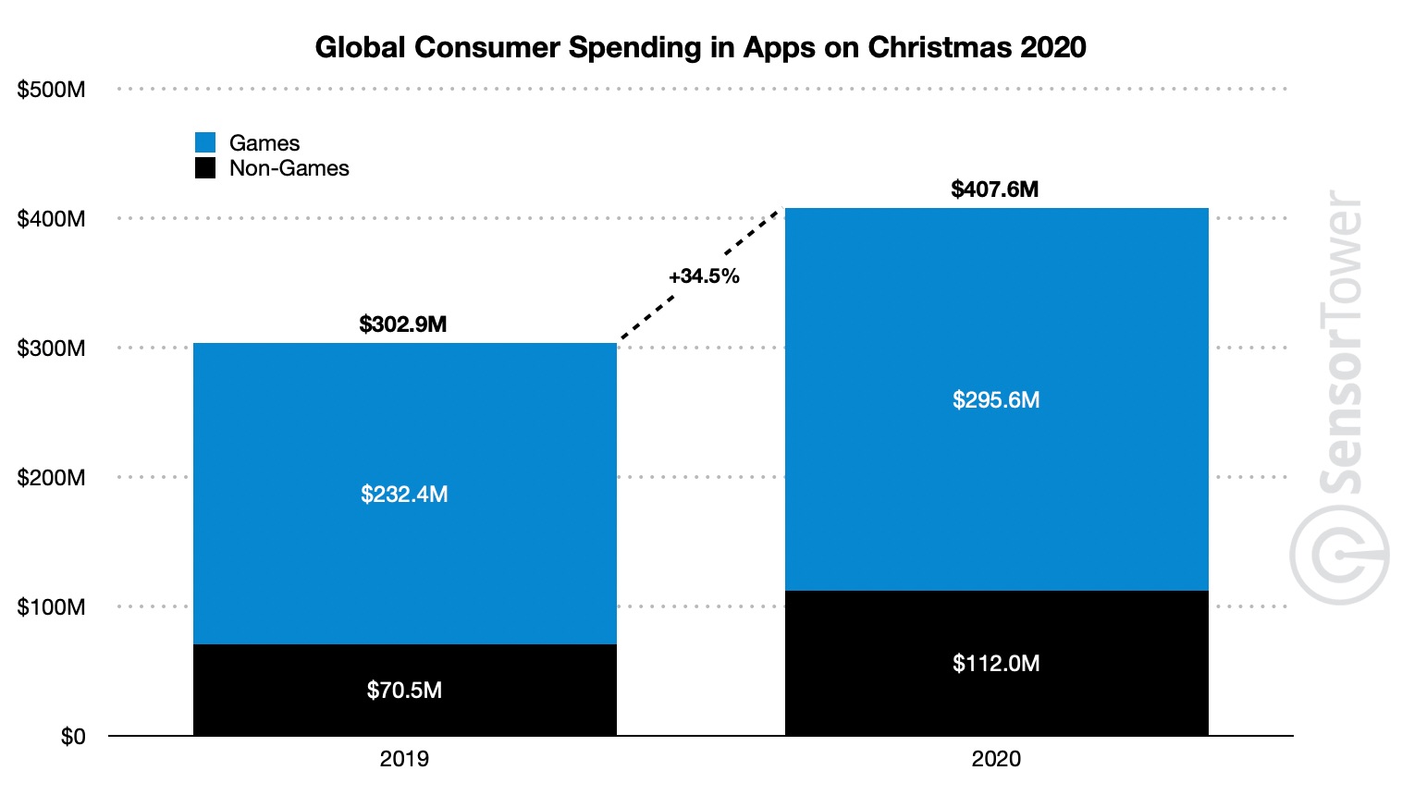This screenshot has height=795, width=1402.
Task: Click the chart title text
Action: (700, 47)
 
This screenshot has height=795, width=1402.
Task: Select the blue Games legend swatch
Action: (205, 142)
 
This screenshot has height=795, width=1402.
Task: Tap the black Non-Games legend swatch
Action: (205, 168)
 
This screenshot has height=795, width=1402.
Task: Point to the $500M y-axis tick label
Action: (52, 90)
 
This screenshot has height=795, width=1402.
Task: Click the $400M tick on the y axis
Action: (52, 219)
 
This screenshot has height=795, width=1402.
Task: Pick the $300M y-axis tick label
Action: (52, 349)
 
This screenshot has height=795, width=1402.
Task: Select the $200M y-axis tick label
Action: (52, 478)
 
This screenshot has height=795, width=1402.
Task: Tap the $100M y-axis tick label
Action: (52, 607)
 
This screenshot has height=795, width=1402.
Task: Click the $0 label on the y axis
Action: (73, 737)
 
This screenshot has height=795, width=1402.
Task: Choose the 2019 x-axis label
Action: (404, 759)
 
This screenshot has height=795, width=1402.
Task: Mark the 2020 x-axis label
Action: (996, 759)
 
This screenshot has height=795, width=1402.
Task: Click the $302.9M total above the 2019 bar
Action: (403, 324)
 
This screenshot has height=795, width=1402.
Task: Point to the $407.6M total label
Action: (995, 190)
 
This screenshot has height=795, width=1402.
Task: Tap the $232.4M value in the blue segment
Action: (404, 495)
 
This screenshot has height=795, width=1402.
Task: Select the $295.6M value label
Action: (996, 400)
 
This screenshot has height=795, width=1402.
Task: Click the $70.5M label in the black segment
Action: (404, 691)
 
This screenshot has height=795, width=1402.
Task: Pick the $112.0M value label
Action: (996, 664)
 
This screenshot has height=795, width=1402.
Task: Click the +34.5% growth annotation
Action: (704, 276)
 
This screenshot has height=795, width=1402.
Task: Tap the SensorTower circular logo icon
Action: (1339, 555)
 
